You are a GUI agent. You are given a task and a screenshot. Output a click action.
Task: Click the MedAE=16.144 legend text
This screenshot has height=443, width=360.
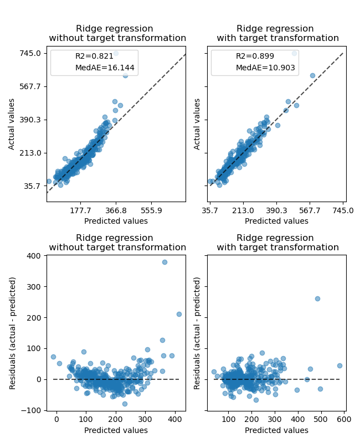pos(105,68)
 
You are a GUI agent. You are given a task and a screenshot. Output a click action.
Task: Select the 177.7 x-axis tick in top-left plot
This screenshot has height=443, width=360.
pos(80,210)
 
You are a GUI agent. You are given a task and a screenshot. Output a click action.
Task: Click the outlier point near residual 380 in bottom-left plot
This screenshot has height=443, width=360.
pos(164,262)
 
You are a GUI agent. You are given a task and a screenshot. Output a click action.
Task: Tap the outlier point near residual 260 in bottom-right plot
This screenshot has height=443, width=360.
pos(317,298)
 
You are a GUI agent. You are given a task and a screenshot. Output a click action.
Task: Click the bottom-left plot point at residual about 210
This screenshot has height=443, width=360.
pos(179,314)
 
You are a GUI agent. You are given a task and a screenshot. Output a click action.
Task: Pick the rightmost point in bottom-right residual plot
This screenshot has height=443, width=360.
pos(340,365)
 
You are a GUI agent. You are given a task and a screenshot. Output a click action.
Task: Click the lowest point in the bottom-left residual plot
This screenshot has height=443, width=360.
pos(125,404)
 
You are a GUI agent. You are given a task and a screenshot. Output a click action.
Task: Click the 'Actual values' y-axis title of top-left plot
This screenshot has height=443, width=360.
pos(12,124)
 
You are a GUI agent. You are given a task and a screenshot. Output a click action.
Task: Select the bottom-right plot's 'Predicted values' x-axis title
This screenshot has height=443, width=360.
pos(276,430)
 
